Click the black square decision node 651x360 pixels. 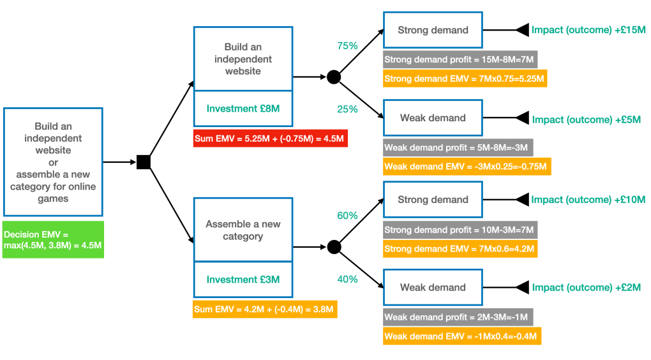tap(144, 162)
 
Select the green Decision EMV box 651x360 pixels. tap(52, 239)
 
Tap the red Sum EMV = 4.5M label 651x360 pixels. tap(270, 138)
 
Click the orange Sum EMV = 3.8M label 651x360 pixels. tap(264, 310)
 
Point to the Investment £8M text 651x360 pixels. tap(243, 109)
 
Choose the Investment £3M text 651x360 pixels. tap(243, 280)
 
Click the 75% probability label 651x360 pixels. tap(347, 46)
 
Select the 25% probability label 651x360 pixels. tap(347, 109)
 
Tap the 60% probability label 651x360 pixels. tap(347, 216)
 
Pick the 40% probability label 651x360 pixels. tap(347, 279)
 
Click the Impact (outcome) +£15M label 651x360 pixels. tap(588, 30)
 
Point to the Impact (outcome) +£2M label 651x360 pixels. tap(586, 288)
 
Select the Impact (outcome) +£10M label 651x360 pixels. tap(588, 200)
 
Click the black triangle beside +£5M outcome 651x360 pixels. tap(522, 118)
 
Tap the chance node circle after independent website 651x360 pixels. tap(333, 77)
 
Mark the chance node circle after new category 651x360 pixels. tap(333, 247)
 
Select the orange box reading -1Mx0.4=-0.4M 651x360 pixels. tap(462, 336)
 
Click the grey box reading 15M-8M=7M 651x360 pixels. tap(460, 60)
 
